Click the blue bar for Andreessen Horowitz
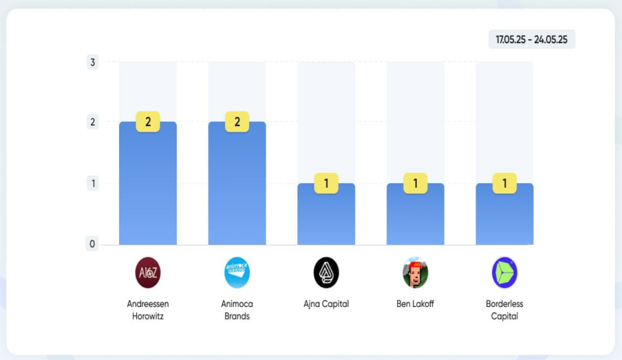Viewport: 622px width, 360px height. [x=148, y=183]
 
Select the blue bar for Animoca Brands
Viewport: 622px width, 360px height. [x=237, y=183]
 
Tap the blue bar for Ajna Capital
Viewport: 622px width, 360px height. [x=326, y=214]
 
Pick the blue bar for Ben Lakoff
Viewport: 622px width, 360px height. [x=415, y=214]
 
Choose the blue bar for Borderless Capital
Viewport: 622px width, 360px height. [x=504, y=214]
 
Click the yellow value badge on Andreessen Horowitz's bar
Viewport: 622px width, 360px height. [x=148, y=122]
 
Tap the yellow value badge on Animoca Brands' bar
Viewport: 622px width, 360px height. [x=237, y=122]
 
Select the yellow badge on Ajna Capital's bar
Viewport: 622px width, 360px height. [x=326, y=184]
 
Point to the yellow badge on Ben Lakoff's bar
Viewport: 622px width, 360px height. [x=415, y=184]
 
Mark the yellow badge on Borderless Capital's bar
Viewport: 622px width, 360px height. [x=504, y=184]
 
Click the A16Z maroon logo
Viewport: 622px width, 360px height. [x=148, y=272]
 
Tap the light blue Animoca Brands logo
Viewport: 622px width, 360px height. [x=237, y=272]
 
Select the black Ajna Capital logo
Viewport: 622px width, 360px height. [x=326, y=272]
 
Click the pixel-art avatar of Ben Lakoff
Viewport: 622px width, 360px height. [x=415, y=272]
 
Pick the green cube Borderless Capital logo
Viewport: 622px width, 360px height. [x=504, y=272]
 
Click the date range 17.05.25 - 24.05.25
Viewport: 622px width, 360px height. [x=531, y=39]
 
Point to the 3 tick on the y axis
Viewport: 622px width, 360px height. [x=93, y=62]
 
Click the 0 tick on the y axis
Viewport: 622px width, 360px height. [x=92, y=244]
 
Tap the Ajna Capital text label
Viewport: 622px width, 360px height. [x=326, y=304]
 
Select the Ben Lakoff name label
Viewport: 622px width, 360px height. [x=415, y=303]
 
